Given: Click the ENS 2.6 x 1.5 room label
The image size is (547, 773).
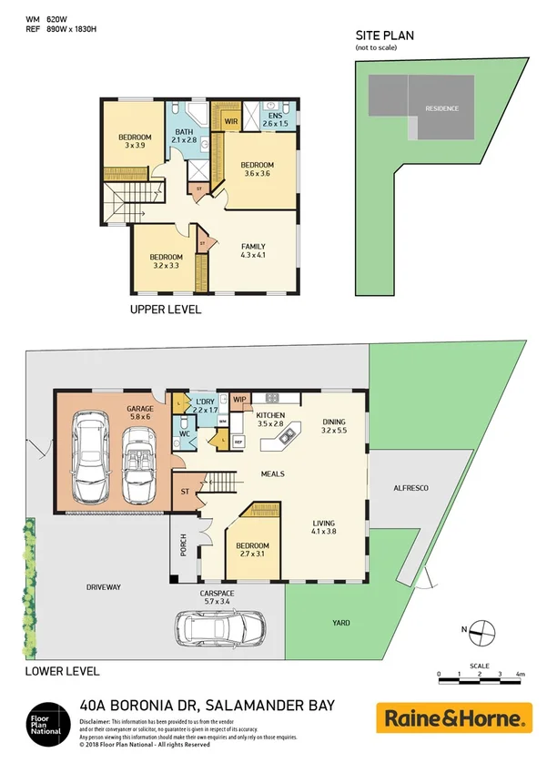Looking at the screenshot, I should click(276, 119).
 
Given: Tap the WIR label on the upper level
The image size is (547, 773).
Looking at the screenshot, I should click(231, 119).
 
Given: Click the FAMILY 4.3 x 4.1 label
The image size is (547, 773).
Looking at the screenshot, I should click(253, 251).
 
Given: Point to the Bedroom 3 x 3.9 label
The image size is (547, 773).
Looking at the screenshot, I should click(135, 141).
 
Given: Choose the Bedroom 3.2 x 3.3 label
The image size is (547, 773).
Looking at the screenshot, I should click(165, 261).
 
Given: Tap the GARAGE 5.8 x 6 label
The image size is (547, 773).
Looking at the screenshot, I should click(140, 413).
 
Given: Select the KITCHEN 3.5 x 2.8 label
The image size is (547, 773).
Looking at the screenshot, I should click(271, 419).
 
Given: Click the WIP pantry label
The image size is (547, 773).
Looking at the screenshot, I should click(240, 399).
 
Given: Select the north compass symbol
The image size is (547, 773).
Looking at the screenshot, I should click(481, 629).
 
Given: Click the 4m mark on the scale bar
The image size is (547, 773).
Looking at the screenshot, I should click(520, 674).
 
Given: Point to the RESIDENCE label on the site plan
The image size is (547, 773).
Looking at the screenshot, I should click(442, 108).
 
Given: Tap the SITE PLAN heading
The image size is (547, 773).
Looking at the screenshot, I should click(384, 36).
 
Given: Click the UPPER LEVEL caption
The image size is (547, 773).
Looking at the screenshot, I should click(166, 310).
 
